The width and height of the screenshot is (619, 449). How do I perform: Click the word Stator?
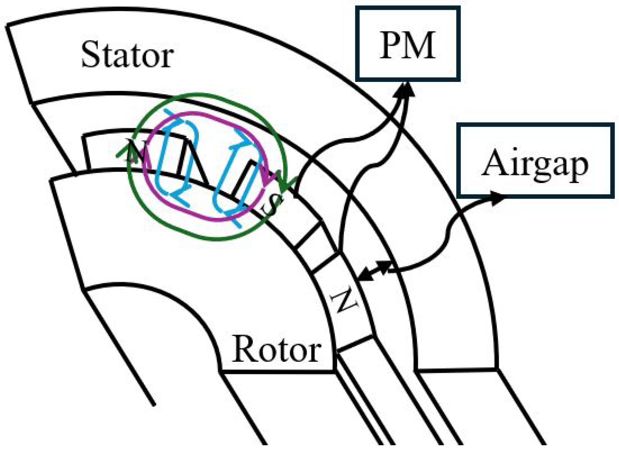point(127,55)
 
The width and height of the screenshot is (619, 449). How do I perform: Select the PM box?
point(408,44)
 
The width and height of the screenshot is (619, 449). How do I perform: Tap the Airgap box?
point(535,161)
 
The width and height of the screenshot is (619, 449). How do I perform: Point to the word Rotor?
point(277,349)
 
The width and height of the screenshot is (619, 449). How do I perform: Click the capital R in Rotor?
point(244,349)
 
